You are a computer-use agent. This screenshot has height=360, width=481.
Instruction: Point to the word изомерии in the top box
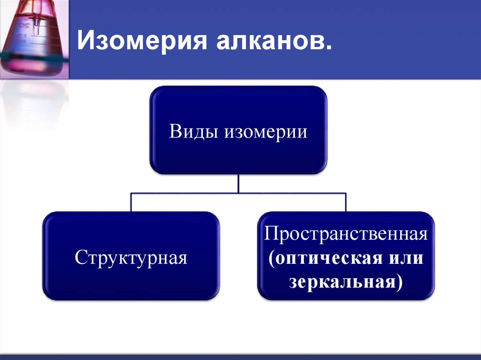(x=266, y=131)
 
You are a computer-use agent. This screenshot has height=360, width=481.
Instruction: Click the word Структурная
(x=131, y=258)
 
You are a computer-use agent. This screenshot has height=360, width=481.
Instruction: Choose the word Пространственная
(x=346, y=233)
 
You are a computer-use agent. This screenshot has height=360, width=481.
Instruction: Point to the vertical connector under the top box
(x=239, y=184)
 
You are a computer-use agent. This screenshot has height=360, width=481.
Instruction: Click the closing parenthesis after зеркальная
(x=399, y=283)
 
